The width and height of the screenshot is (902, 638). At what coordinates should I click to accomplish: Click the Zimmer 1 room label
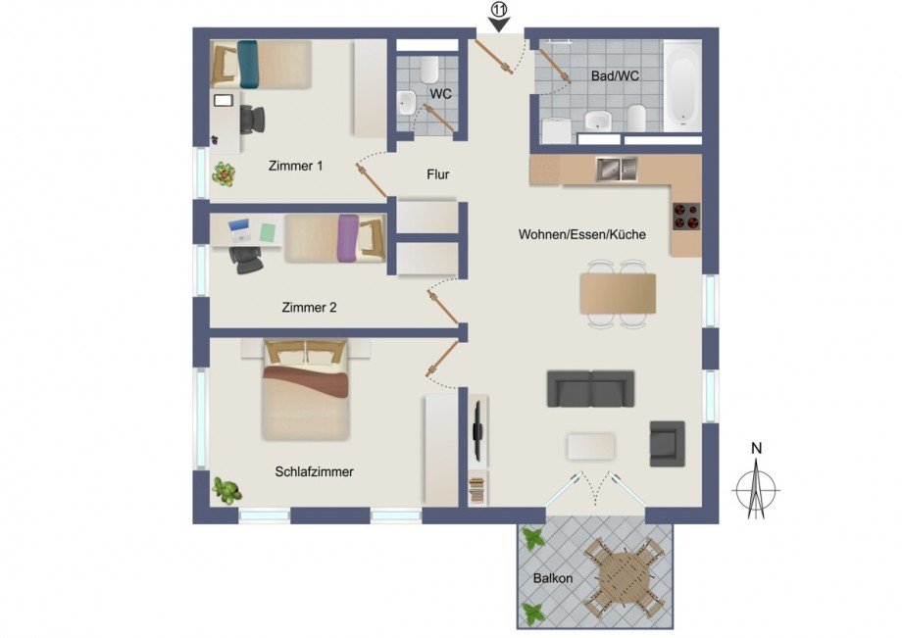[x=295, y=167]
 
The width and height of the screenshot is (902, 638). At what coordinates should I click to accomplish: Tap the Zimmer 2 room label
[x=309, y=308]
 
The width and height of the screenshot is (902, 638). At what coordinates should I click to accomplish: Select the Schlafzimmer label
[x=314, y=471]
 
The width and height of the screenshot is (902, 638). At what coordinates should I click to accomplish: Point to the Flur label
[x=437, y=175]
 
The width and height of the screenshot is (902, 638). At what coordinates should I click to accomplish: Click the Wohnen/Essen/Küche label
[x=581, y=235]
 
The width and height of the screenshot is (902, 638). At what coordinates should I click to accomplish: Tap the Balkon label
[x=553, y=578]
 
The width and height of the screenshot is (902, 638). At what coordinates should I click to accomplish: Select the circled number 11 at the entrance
[x=499, y=10]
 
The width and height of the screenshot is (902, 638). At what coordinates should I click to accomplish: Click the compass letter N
[x=756, y=449]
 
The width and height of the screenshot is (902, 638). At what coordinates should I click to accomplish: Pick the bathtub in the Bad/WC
[x=682, y=86]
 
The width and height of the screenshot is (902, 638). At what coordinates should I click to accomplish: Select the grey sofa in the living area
[x=590, y=388]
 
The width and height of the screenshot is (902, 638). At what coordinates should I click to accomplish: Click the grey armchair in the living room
[x=667, y=443]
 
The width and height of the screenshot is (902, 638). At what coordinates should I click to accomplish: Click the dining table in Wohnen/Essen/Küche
[x=618, y=293]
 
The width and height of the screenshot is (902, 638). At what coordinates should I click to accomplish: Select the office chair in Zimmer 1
[x=251, y=119]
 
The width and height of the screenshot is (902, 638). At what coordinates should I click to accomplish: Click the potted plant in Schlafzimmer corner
[x=227, y=489]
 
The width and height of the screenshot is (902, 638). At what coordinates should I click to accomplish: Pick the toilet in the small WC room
[x=428, y=70]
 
